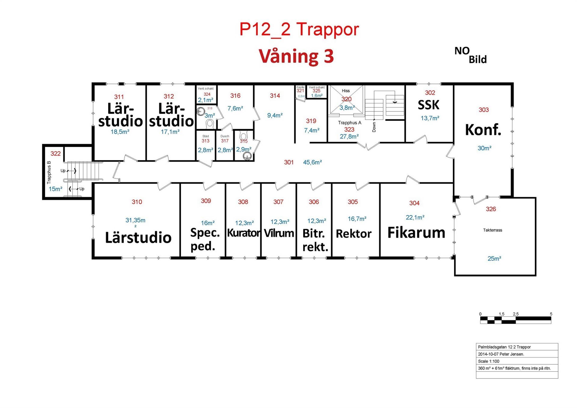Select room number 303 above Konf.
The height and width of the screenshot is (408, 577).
pos(484,110)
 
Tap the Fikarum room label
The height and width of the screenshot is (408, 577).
pos(416,233)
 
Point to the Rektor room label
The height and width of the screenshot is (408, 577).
pos(354,234)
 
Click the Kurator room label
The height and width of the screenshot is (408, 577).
pos(243,233)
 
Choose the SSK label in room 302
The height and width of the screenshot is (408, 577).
pos(428,105)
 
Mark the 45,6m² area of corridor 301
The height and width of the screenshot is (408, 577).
pos(312,162)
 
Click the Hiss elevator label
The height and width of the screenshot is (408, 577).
pos(345,91)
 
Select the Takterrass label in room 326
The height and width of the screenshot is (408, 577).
pos(492,230)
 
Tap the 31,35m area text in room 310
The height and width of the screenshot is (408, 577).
pos(135,221)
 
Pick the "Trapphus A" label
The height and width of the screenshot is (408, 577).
pos(349,123)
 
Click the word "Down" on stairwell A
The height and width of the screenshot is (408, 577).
pos(374,127)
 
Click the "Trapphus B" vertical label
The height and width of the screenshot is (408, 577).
pos(49,172)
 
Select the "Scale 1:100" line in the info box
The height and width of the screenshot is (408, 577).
pos(489,361)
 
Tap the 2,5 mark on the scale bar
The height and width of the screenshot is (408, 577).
pos(516,314)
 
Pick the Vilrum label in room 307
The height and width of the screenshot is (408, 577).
pos(279,233)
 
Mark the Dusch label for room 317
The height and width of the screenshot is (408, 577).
pos(225,136)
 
